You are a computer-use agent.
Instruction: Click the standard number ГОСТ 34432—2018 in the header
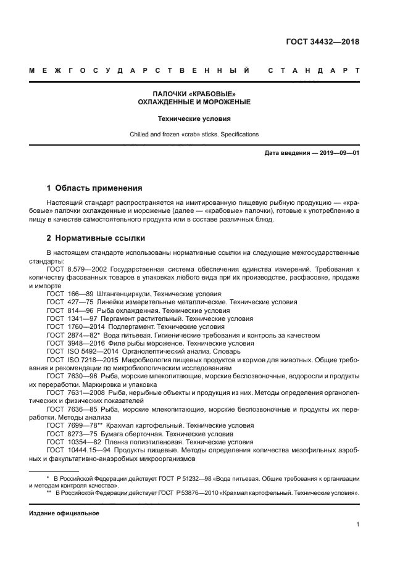(x=323, y=42)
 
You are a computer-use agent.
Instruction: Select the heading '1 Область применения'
(x=94, y=188)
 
